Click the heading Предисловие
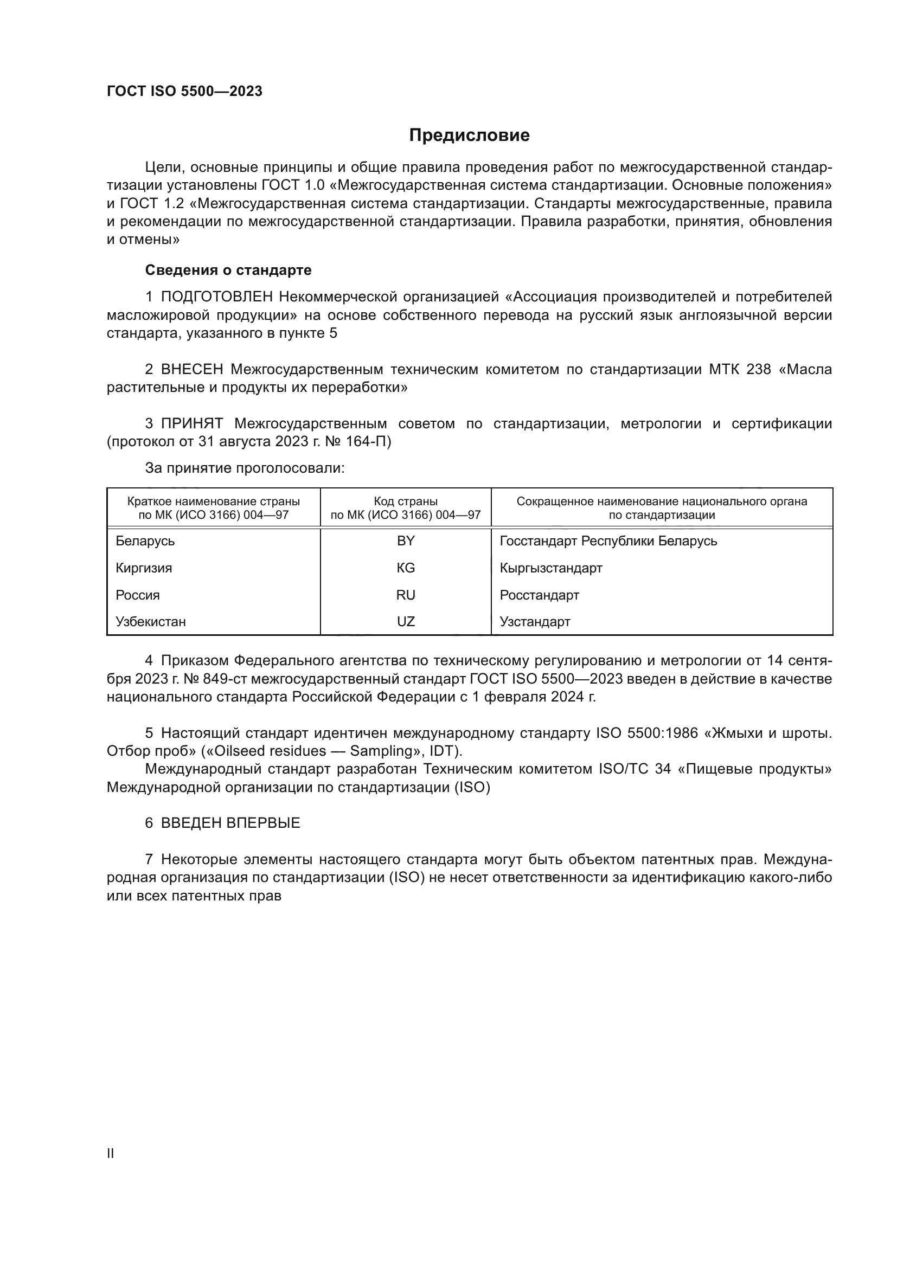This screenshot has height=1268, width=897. pos(469,136)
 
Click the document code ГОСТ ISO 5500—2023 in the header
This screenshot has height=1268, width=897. pos(184,91)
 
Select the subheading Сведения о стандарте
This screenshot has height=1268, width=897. pos(228,270)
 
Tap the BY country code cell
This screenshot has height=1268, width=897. pos(406,541)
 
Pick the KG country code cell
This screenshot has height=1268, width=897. pos(406,568)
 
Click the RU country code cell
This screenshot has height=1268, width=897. pos(406,595)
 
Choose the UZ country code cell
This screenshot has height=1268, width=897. pos(406,621)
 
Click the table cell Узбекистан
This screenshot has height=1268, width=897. pos(150,621)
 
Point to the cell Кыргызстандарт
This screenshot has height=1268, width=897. pos(550,568)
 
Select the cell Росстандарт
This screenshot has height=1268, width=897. pos(539,595)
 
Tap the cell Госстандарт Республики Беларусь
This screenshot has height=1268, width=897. pos(608,541)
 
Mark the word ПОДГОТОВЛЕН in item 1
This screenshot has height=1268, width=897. pos(216,297)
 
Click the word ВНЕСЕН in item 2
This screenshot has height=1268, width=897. pos(192,369)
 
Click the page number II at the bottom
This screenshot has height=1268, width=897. pos(110,1153)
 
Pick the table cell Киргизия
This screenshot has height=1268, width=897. pos(144,568)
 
